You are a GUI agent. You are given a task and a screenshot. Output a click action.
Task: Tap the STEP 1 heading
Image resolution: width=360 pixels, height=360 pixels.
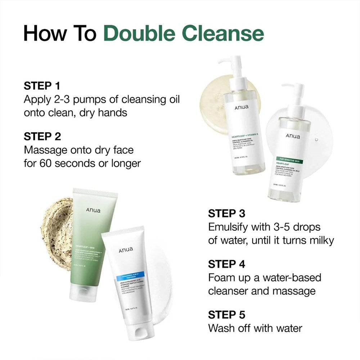[x=42, y=86]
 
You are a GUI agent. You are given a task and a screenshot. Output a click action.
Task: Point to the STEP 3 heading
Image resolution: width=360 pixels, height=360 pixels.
[x=227, y=213]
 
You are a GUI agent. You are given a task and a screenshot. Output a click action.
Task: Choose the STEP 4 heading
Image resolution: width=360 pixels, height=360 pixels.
[x=227, y=264]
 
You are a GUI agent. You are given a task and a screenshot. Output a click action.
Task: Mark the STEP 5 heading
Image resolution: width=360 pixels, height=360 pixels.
[x=227, y=315]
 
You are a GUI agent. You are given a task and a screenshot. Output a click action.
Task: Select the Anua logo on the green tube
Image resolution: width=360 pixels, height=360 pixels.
[x=93, y=210]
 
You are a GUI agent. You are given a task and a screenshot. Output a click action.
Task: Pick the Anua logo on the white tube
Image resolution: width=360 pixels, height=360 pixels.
[x=126, y=249]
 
